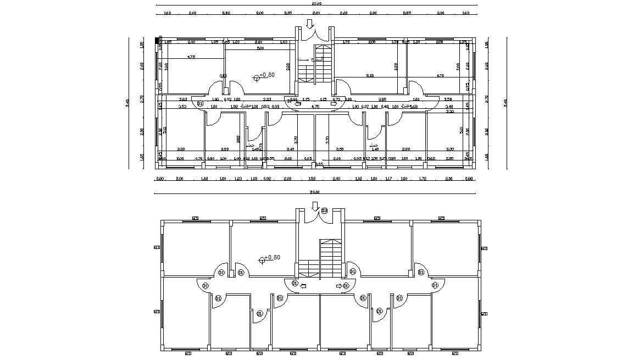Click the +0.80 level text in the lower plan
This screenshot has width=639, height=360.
click(x=273, y=257)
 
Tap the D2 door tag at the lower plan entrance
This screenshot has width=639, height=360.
click(x=324, y=211)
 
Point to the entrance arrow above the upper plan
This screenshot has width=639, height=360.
click(x=310, y=24)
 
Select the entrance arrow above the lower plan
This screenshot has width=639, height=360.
click(x=315, y=207)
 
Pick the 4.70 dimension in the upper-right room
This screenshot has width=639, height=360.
click(x=440, y=76)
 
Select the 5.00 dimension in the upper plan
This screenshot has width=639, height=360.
click(x=260, y=48)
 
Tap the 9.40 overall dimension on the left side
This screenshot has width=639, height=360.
click(x=127, y=103)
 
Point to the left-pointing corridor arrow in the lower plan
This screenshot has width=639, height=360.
click(x=304, y=286)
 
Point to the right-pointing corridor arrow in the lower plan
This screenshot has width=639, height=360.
click(x=338, y=286)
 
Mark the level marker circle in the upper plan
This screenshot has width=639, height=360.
click(x=257, y=77)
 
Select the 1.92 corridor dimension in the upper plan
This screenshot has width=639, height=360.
click(x=234, y=107)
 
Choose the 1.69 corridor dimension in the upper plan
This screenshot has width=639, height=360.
click(x=414, y=107)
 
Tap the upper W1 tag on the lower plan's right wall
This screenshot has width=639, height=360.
click(x=484, y=248)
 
